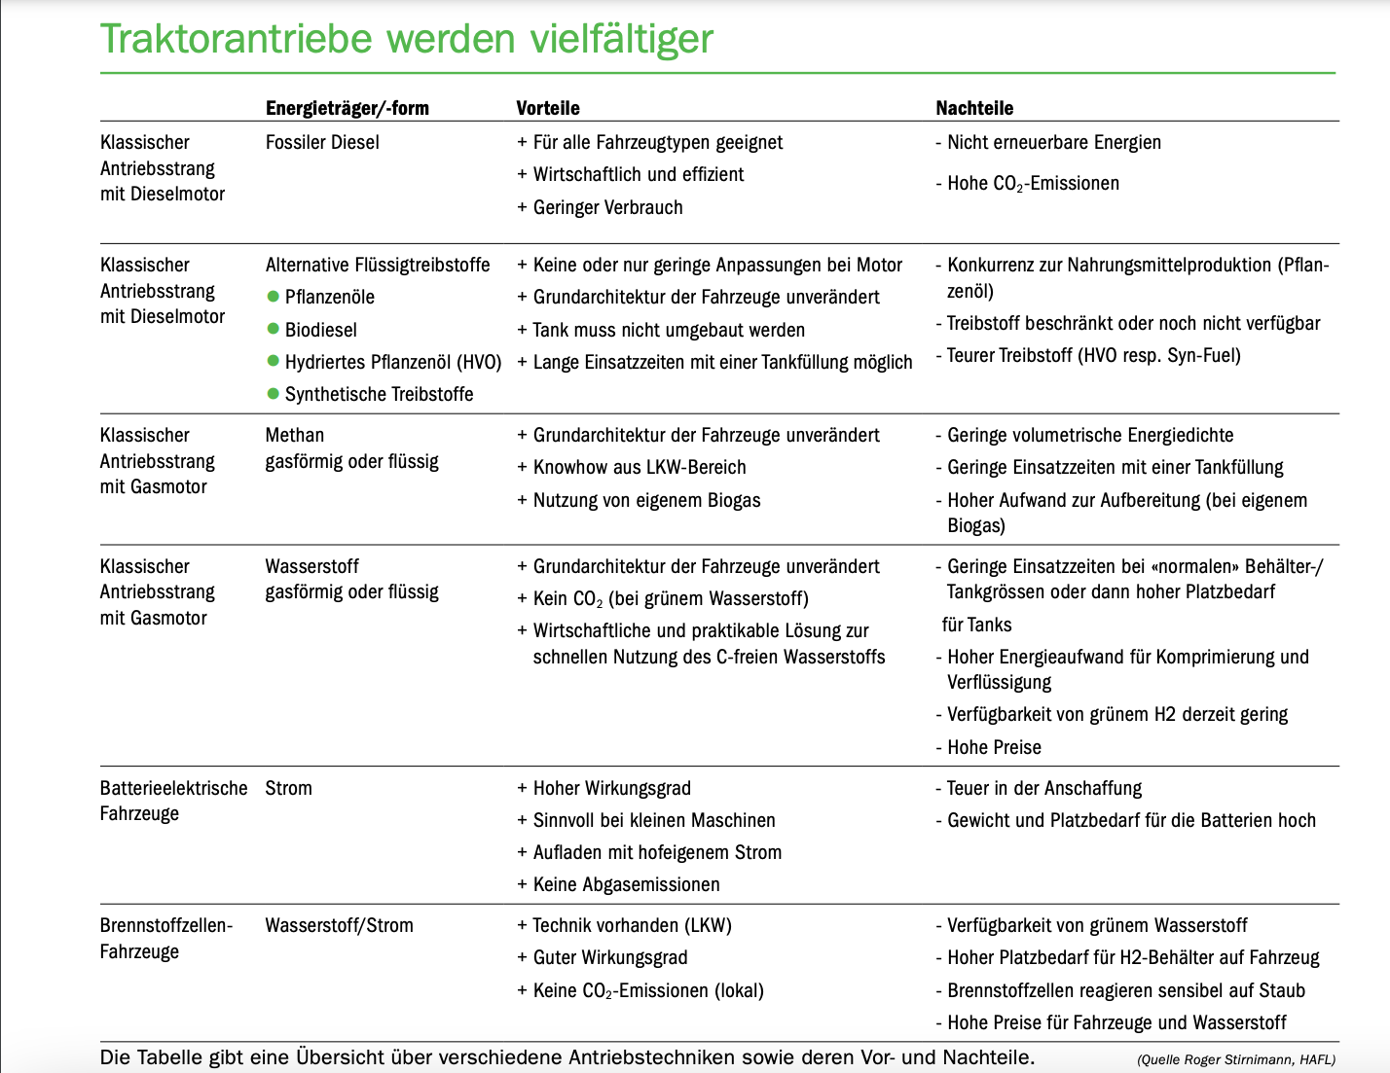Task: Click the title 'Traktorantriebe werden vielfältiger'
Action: pos(407,39)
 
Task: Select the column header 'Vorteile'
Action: pos(548,108)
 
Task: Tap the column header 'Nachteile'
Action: pos(974,108)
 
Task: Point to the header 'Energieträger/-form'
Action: pos(347,108)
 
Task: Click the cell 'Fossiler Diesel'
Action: pos(322,142)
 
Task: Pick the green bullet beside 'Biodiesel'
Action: pos(274,329)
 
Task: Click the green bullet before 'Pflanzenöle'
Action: pos(274,296)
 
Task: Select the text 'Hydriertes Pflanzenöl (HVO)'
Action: pos(392,362)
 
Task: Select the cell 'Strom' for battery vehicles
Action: pos(288,788)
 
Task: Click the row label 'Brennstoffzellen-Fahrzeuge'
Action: pos(165,938)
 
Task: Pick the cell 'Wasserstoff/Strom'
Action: pos(339,925)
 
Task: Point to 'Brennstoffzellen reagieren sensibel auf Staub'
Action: pos(1125,990)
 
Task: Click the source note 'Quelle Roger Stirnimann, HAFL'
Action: pos(1235,1059)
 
